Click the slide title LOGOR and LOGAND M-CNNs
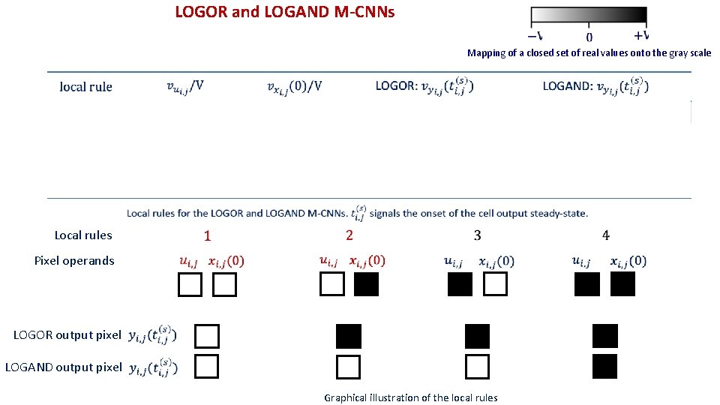[x=284, y=12]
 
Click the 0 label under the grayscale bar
[x=589, y=36]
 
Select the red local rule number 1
[x=208, y=235]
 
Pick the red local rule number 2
[x=349, y=235]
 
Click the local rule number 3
[x=478, y=235]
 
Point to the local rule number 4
[x=606, y=235]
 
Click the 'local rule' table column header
[x=86, y=87]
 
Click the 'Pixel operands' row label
[x=74, y=261]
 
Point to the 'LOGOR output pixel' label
[x=67, y=335]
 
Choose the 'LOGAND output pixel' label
[x=63, y=367]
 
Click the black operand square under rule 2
[x=367, y=284]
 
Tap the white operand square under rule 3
[x=495, y=284]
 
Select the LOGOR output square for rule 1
[x=206, y=335]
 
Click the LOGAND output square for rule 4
[x=604, y=367]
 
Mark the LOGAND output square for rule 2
[x=349, y=367]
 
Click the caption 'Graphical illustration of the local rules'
[x=410, y=397]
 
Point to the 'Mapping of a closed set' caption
[x=589, y=53]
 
